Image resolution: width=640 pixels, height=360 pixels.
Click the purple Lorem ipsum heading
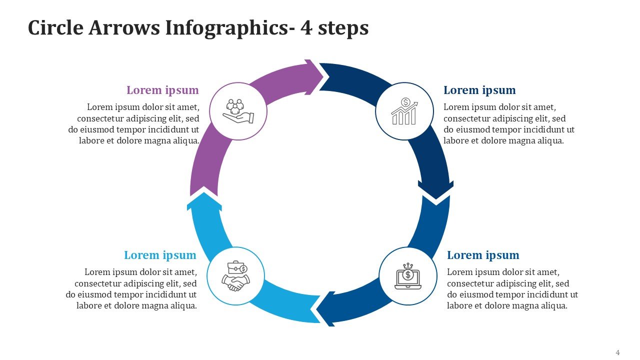coord(162,90)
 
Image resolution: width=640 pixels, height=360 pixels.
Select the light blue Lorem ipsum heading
coord(160,255)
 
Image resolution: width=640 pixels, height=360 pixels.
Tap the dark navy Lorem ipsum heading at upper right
coord(479,90)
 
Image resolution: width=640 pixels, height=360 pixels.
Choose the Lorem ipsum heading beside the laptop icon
coord(483,255)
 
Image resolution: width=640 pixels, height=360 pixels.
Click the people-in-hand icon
coord(238,111)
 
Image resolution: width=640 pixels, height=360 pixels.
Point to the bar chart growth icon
coord(404,111)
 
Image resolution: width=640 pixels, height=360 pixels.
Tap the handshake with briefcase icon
coord(235,276)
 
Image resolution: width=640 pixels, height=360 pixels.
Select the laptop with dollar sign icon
coord(408,276)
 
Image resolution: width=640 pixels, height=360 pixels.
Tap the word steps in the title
coord(343,29)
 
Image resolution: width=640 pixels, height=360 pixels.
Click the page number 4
coord(618,352)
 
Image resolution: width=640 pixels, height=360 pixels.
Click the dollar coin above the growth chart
coord(406,102)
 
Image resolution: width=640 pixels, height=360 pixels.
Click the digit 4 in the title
coord(306,28)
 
